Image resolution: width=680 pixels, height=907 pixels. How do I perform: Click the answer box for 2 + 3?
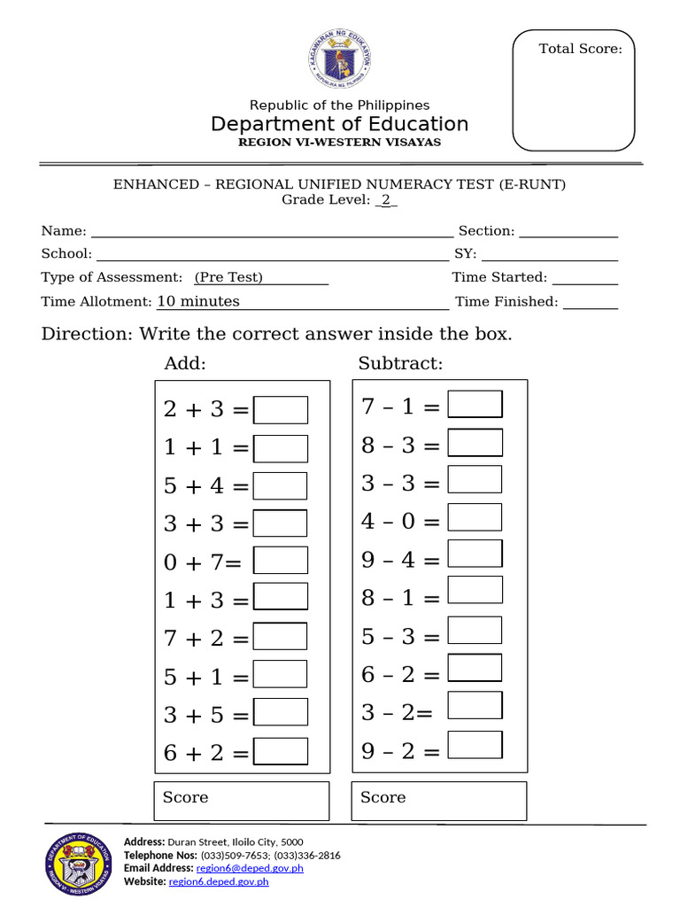(x=281, y=410)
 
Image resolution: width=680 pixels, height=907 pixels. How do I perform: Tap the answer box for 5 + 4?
(x=281, y=485)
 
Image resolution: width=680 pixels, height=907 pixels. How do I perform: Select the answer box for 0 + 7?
(x=281, y=561)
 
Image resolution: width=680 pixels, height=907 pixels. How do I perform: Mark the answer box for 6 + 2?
(x=281, y=751)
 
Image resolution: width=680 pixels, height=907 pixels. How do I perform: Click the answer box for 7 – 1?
(x=475, y=404)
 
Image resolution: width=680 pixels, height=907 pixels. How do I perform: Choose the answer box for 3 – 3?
(x=475, y=479)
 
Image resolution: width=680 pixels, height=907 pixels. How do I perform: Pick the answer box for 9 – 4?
(x=475, y=554)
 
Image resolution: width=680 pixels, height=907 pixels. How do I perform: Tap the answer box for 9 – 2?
(x=475, y=745)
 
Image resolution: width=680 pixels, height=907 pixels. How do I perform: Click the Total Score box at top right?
(x=575, y=91)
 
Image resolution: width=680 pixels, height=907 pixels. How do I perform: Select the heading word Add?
(x=185, y=364)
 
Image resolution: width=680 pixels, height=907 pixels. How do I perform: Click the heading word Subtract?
(x=400, y=364)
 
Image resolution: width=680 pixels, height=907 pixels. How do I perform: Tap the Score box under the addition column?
(x=242, y=801)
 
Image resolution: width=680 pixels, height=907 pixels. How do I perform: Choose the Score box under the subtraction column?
(x=439, y=801)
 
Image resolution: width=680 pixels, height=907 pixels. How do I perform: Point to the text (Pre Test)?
(x=229, y=277)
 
